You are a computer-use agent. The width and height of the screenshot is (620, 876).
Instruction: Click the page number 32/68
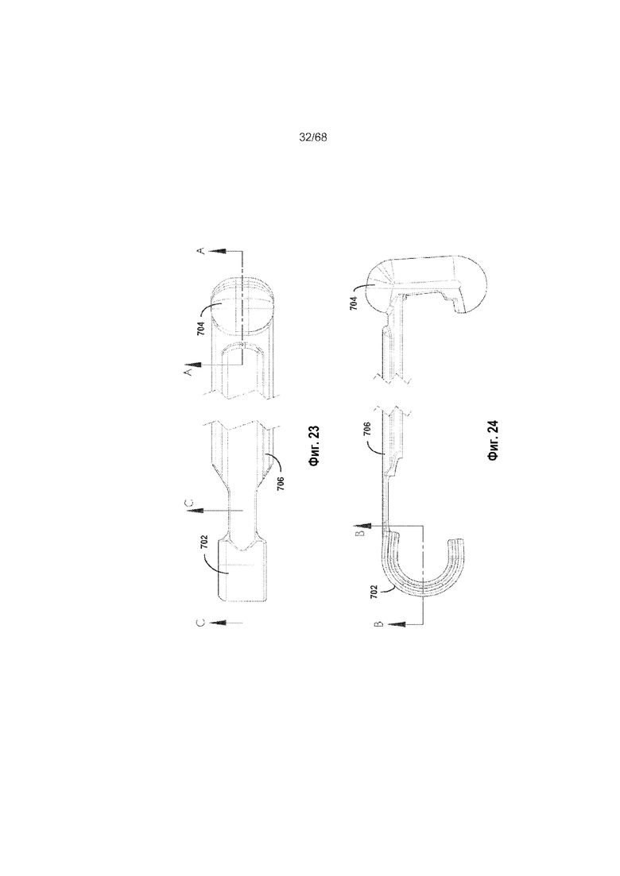click(x=313, y=137)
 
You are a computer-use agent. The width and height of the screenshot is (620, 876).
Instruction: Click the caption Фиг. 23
click(x=314, y=446)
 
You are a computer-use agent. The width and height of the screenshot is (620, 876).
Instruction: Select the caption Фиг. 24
click(x=493, y=440)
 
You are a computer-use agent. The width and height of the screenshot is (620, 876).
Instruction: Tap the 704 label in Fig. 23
click(x=200, y=327)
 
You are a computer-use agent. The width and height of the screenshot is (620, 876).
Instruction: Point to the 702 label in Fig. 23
click(x=204, y=542)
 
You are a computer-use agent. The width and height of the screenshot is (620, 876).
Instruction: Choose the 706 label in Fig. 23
click(x=280, y=483)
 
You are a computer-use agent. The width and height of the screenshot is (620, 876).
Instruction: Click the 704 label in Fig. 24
click(x=354, y=303)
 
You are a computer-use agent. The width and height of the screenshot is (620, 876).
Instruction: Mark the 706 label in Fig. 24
click(x=367, y=429)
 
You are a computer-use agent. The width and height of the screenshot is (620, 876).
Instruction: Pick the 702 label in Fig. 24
click(x=374, y=592)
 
